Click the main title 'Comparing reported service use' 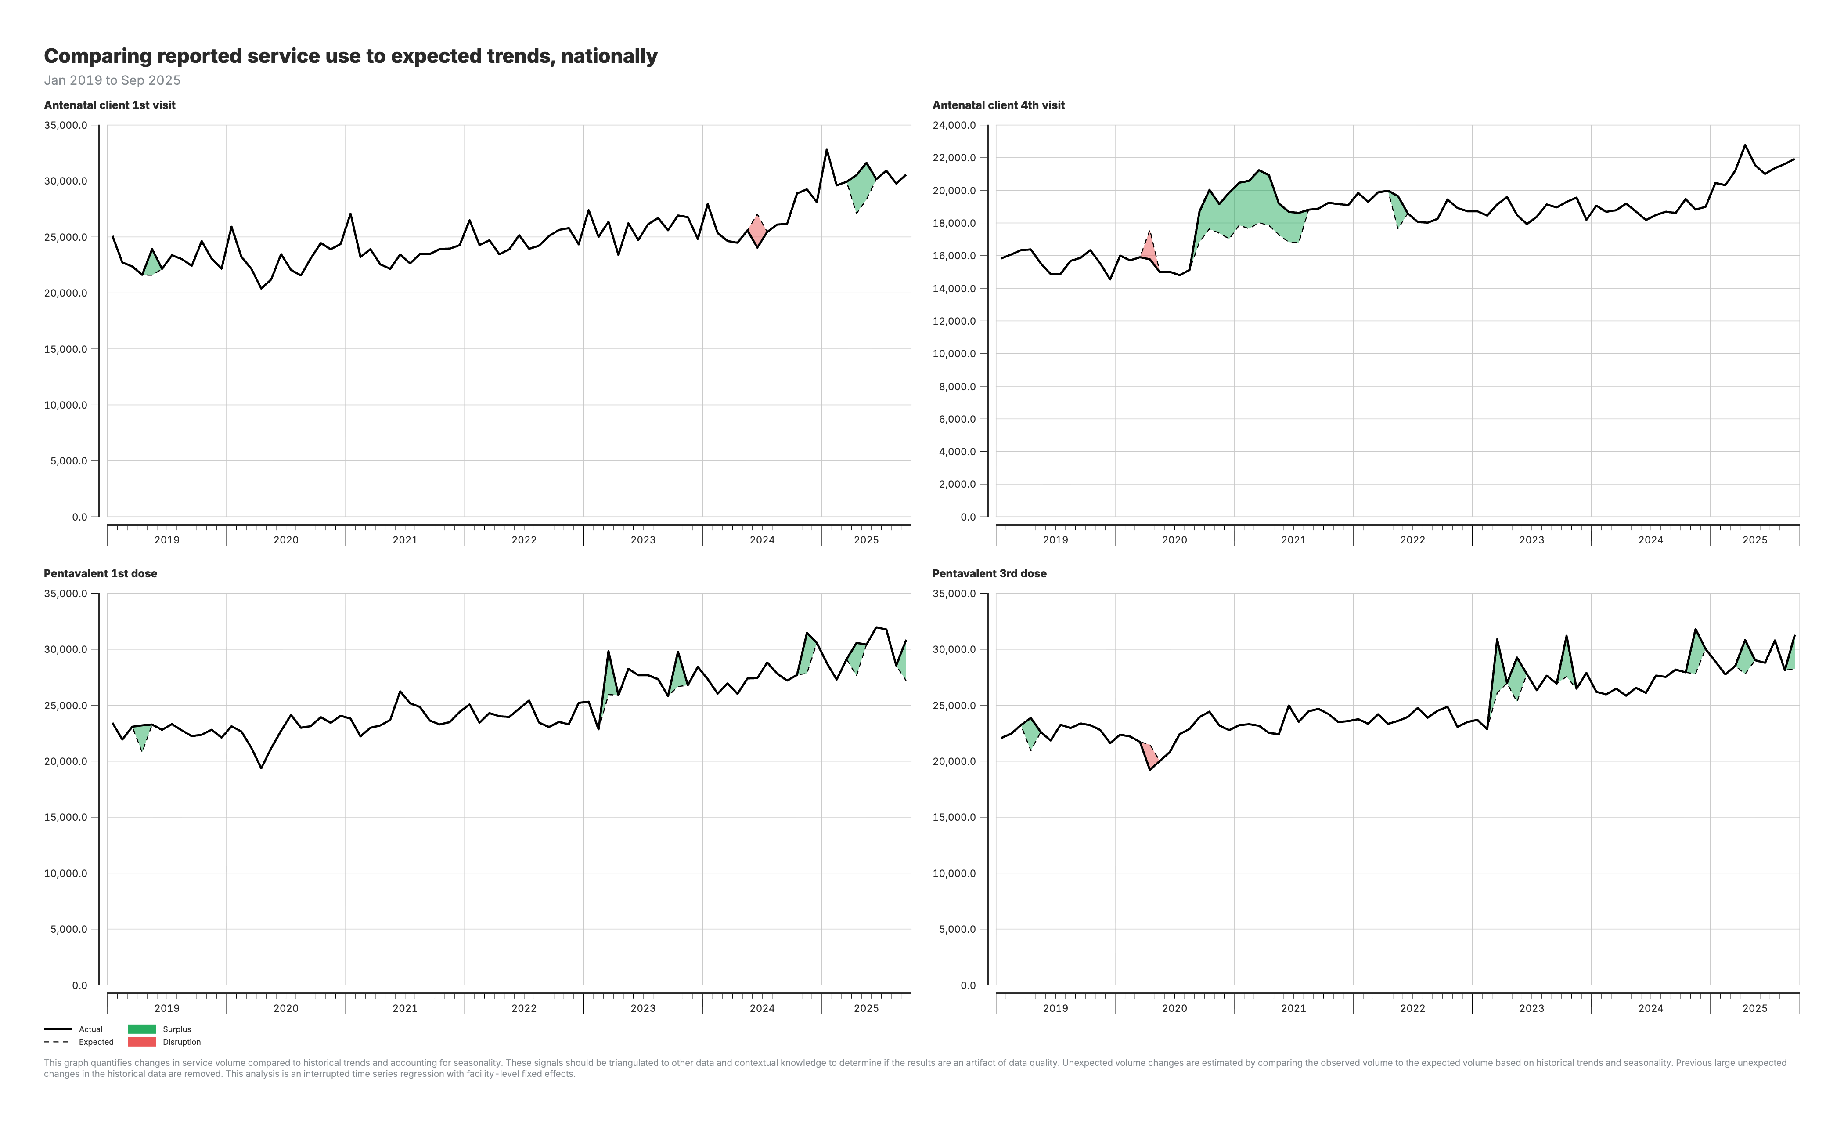tap(350, 56)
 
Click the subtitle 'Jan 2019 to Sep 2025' tap(112, 80)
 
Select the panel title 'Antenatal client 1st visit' tap(109, 105)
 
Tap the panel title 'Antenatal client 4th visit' tap(998, 105)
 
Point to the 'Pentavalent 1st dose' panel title tap(100, 573)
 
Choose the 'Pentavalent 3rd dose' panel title tap(989, 573)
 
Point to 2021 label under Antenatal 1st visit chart tap(405, 540)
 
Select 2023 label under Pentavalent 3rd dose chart tap(1531, 1008)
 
